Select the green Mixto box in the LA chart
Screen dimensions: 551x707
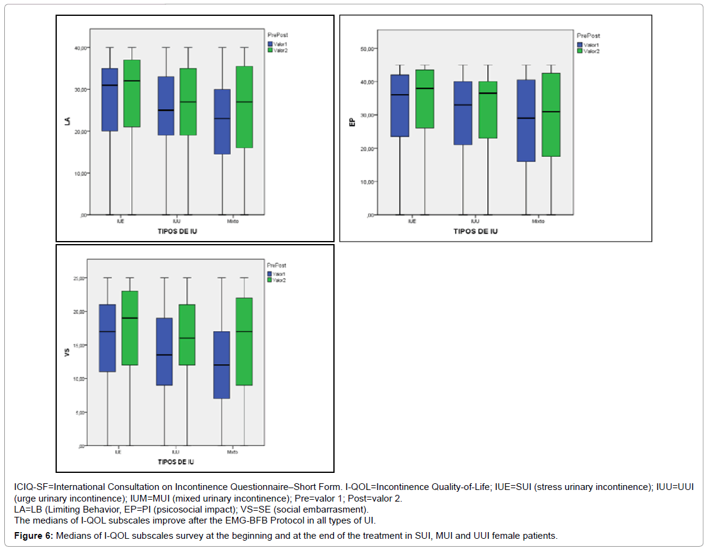click(245, 107)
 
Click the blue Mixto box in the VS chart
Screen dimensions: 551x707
click(221, 365)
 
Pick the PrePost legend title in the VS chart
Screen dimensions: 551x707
click(277, 265)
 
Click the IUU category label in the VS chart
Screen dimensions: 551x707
click(176, 452)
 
